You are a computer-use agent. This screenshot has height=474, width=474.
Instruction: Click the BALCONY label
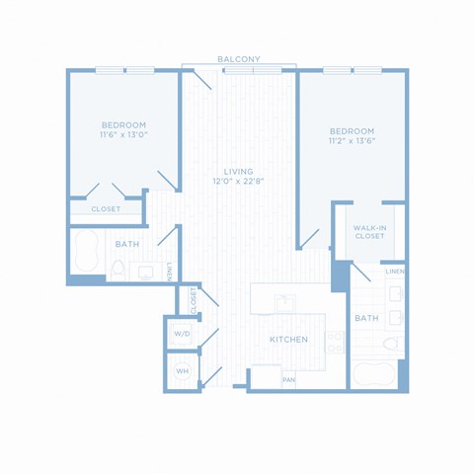pos(239,59)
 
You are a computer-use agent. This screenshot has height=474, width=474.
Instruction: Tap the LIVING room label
pos(239,172)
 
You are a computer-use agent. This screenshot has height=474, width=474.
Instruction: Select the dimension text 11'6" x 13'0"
pos(123,134)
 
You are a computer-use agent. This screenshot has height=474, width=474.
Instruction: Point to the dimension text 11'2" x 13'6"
pos(353,141)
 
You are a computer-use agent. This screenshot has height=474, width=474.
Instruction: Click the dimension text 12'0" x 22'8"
pos(239,181)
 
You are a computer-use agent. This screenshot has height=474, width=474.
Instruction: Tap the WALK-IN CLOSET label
pos(369,232)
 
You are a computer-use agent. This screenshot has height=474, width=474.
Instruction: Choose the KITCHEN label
pos(288,340)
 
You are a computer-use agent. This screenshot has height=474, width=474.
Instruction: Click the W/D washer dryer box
pos(182,334)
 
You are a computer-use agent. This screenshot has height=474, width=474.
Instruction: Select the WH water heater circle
pos(183,371)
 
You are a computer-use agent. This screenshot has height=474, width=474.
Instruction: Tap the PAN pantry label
pos(289,380)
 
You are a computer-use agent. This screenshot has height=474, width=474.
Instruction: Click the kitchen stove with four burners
pos(335,343)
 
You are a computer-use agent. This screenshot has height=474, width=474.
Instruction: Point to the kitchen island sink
pos(285,303)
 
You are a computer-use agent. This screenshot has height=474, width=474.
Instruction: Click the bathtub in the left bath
pos(87,252)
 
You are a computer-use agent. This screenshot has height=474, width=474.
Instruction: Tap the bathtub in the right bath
pos(373,375)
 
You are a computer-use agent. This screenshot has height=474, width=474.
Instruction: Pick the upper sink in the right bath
pos(396,293)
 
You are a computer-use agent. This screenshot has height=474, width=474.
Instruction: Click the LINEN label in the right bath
pos(395,272)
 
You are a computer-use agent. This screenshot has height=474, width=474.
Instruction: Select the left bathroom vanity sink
pos(145,273)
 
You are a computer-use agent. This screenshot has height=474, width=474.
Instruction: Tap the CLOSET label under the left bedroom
pos(106,209)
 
